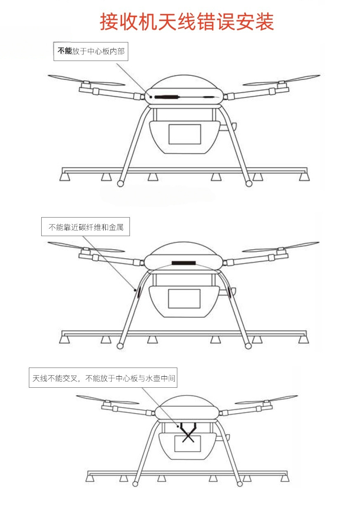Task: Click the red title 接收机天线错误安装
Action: pos(187,22)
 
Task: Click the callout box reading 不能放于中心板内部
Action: pos(91,52)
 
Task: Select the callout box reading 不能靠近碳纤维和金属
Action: pos(85,227)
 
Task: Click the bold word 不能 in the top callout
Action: pos(65,51)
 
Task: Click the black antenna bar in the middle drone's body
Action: pos(184,263)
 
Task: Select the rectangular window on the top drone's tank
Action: pos(185,134)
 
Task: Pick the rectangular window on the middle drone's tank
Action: pos(184,299)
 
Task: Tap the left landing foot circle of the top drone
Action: pos(120,184)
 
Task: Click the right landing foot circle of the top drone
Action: pos(249,184)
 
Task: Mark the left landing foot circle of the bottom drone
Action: pos(135,484)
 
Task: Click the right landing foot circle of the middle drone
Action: pos(248,346)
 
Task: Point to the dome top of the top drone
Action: pos(184,81)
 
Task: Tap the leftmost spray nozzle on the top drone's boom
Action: pos(65,177)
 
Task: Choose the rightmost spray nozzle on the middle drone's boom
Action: pos(304,340)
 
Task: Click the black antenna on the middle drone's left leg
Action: pos(139,292)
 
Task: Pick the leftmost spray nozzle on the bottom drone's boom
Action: pos(90,478)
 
